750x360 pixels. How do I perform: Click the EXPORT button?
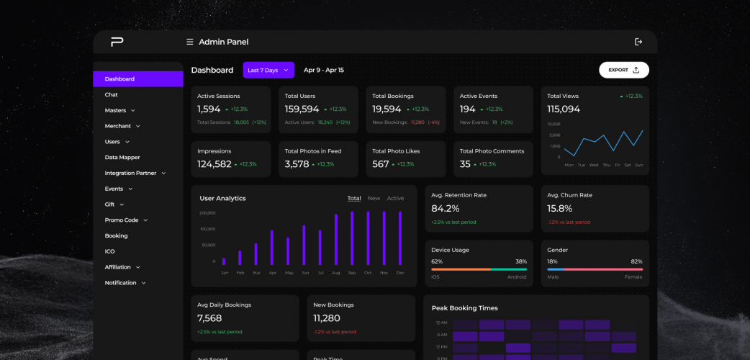pos(623,70)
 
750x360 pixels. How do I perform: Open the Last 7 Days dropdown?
pos(268,70)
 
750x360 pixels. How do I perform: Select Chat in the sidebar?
pos(112,95)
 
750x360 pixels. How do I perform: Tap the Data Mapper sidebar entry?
pos(122,158)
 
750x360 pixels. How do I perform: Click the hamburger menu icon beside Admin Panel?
pos(190,42)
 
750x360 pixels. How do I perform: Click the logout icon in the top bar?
pos(638,42)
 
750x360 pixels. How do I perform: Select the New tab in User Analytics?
pos(374,199)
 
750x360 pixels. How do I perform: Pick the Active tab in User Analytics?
pos(395,199)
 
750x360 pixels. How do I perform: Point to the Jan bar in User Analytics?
pos(224,261)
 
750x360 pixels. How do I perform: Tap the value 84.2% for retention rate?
pos(445,209)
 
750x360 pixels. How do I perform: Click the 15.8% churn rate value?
pos(560,209)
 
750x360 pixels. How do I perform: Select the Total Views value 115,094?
pos(564,109)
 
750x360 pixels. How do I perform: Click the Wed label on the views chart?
pos(593,165)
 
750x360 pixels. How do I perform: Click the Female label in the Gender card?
pos(633,277)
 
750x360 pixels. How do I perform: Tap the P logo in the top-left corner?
pos(117,42)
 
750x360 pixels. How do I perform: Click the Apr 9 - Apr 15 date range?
pos(323,70)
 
